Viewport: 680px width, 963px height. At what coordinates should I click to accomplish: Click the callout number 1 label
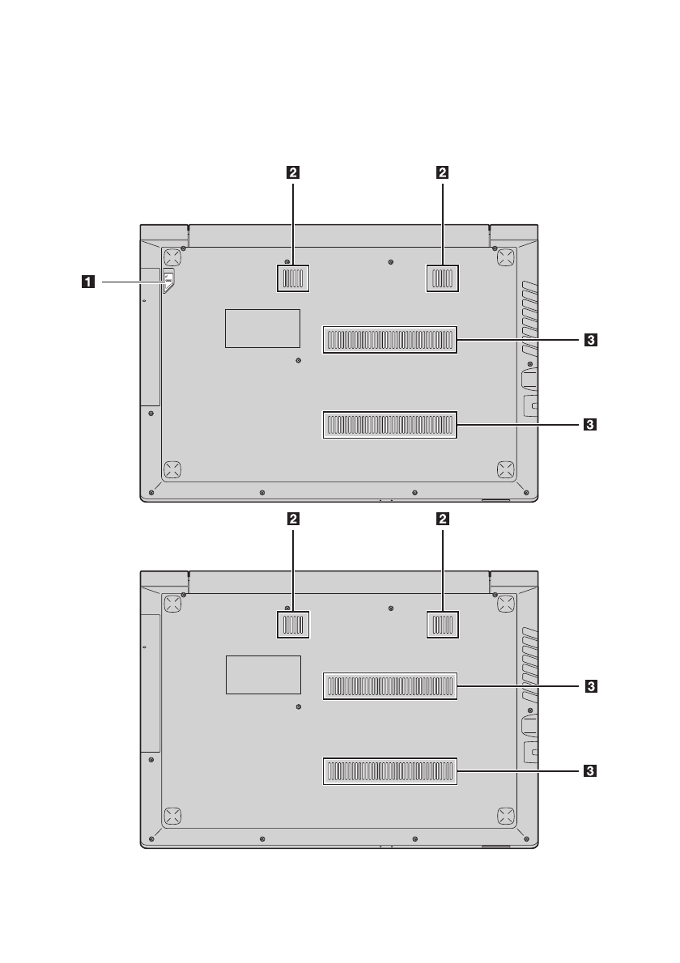88,282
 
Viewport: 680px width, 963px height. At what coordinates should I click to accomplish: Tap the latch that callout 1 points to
169,282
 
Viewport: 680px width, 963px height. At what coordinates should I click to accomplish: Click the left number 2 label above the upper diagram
293,172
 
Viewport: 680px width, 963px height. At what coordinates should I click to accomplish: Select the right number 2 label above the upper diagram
442,172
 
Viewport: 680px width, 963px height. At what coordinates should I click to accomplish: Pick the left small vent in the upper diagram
293,278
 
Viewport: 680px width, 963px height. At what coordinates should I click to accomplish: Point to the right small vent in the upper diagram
442,278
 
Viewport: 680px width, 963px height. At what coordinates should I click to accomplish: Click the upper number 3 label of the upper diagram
590,340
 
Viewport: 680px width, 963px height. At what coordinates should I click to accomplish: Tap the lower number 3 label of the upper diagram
590,424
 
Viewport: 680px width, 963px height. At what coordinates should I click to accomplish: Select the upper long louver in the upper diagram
390,340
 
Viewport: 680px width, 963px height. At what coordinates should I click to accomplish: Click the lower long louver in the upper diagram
390,424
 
